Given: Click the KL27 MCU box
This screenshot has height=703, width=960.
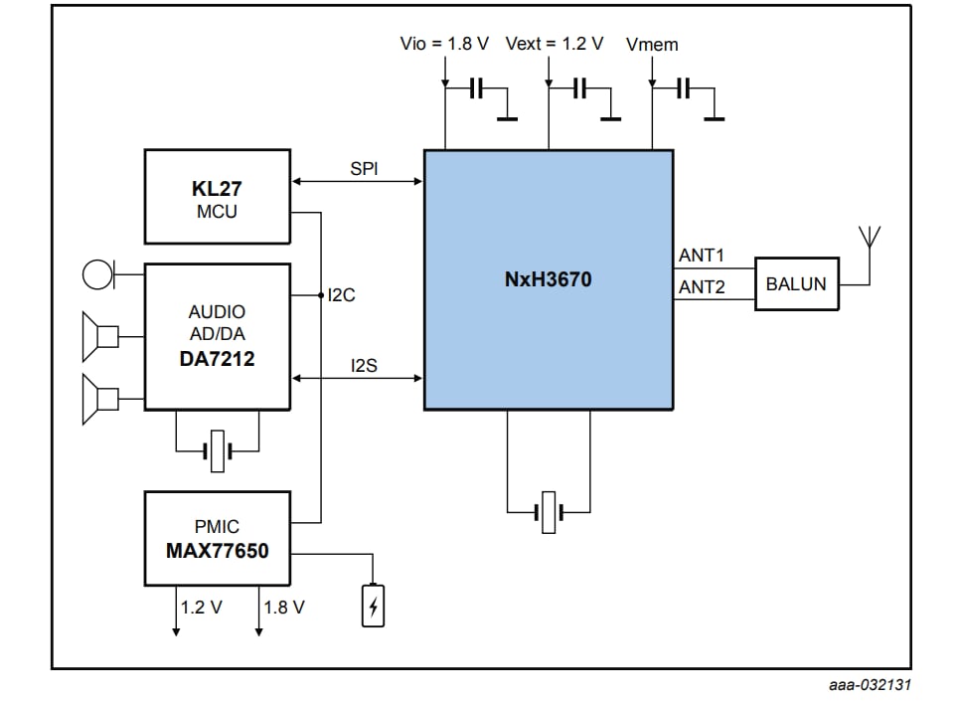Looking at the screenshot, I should (217, 197).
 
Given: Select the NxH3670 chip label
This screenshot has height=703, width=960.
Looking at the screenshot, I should (548, 279).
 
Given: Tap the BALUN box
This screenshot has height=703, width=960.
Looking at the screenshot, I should (796, 284).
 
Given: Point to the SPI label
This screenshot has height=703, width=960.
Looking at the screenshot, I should (364, 169).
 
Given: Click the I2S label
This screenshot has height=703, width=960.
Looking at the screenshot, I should (364, 366).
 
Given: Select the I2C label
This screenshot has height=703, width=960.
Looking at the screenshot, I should (342, 295).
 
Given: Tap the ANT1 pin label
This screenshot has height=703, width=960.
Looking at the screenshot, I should (702, 256).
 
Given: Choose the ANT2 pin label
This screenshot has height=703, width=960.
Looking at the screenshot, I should (702, 288).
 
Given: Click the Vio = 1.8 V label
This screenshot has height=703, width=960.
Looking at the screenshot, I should (444, 44).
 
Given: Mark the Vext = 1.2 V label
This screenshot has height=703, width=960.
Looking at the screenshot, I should (555, 44).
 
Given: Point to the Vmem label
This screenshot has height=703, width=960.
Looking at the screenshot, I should (653, 44).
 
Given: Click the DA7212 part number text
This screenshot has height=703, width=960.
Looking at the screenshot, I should (217, 359).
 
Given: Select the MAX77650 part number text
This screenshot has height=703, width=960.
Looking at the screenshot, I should (217, 550).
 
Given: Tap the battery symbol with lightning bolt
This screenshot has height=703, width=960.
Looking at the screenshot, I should (373, 606).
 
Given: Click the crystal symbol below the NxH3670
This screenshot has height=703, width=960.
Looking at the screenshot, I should (549, 512).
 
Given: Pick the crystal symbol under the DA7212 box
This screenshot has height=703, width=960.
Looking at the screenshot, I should (218, 451).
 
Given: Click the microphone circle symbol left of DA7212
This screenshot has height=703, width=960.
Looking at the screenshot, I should (97, 272).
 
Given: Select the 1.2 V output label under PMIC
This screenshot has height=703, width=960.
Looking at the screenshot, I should (202, 607).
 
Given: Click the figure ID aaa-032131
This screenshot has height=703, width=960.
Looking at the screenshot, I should (870, 685).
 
